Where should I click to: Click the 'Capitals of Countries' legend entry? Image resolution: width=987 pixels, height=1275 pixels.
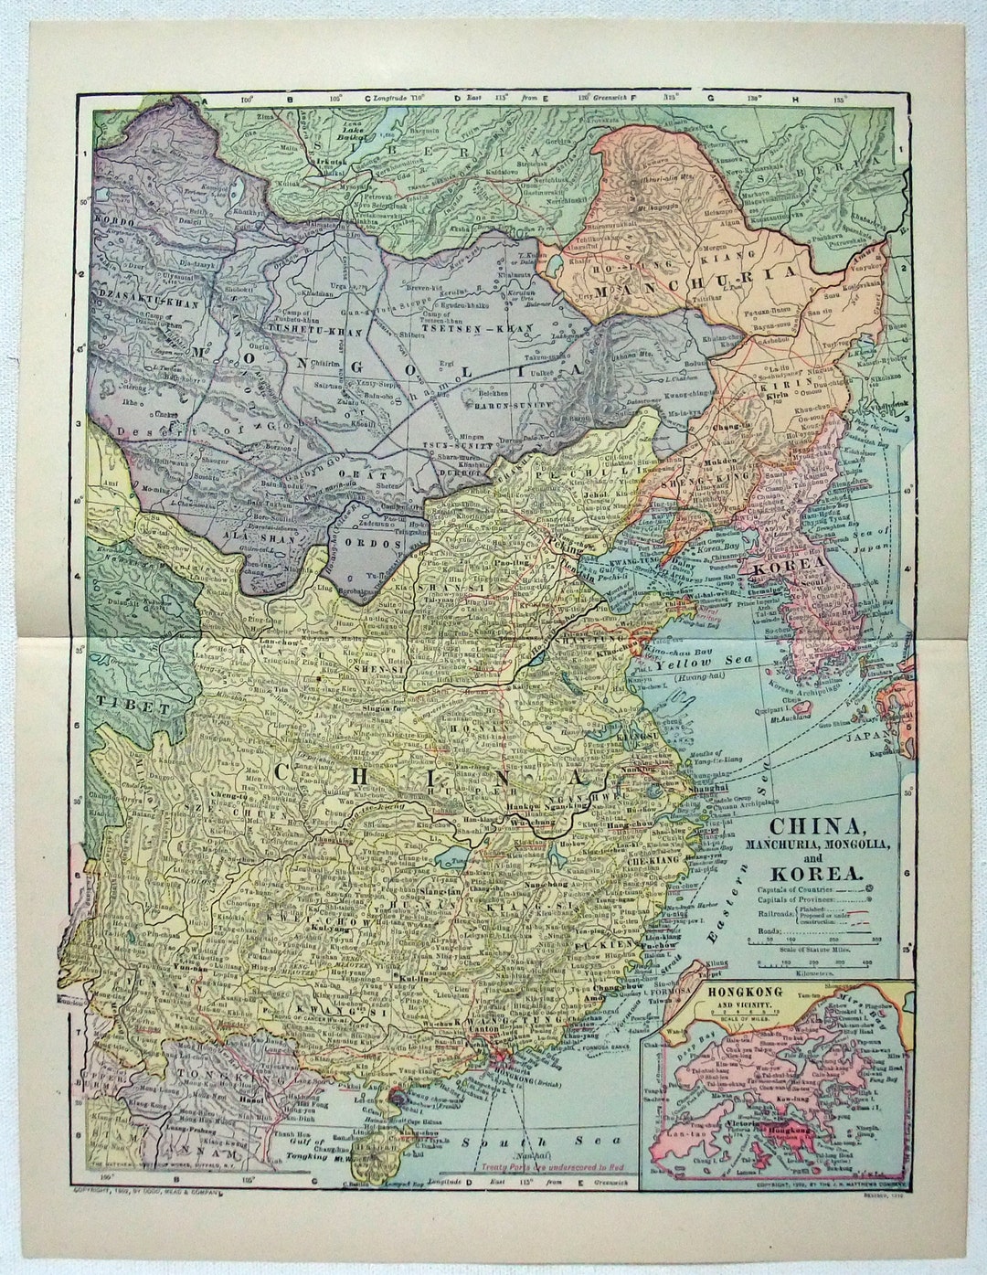[793, 889]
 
